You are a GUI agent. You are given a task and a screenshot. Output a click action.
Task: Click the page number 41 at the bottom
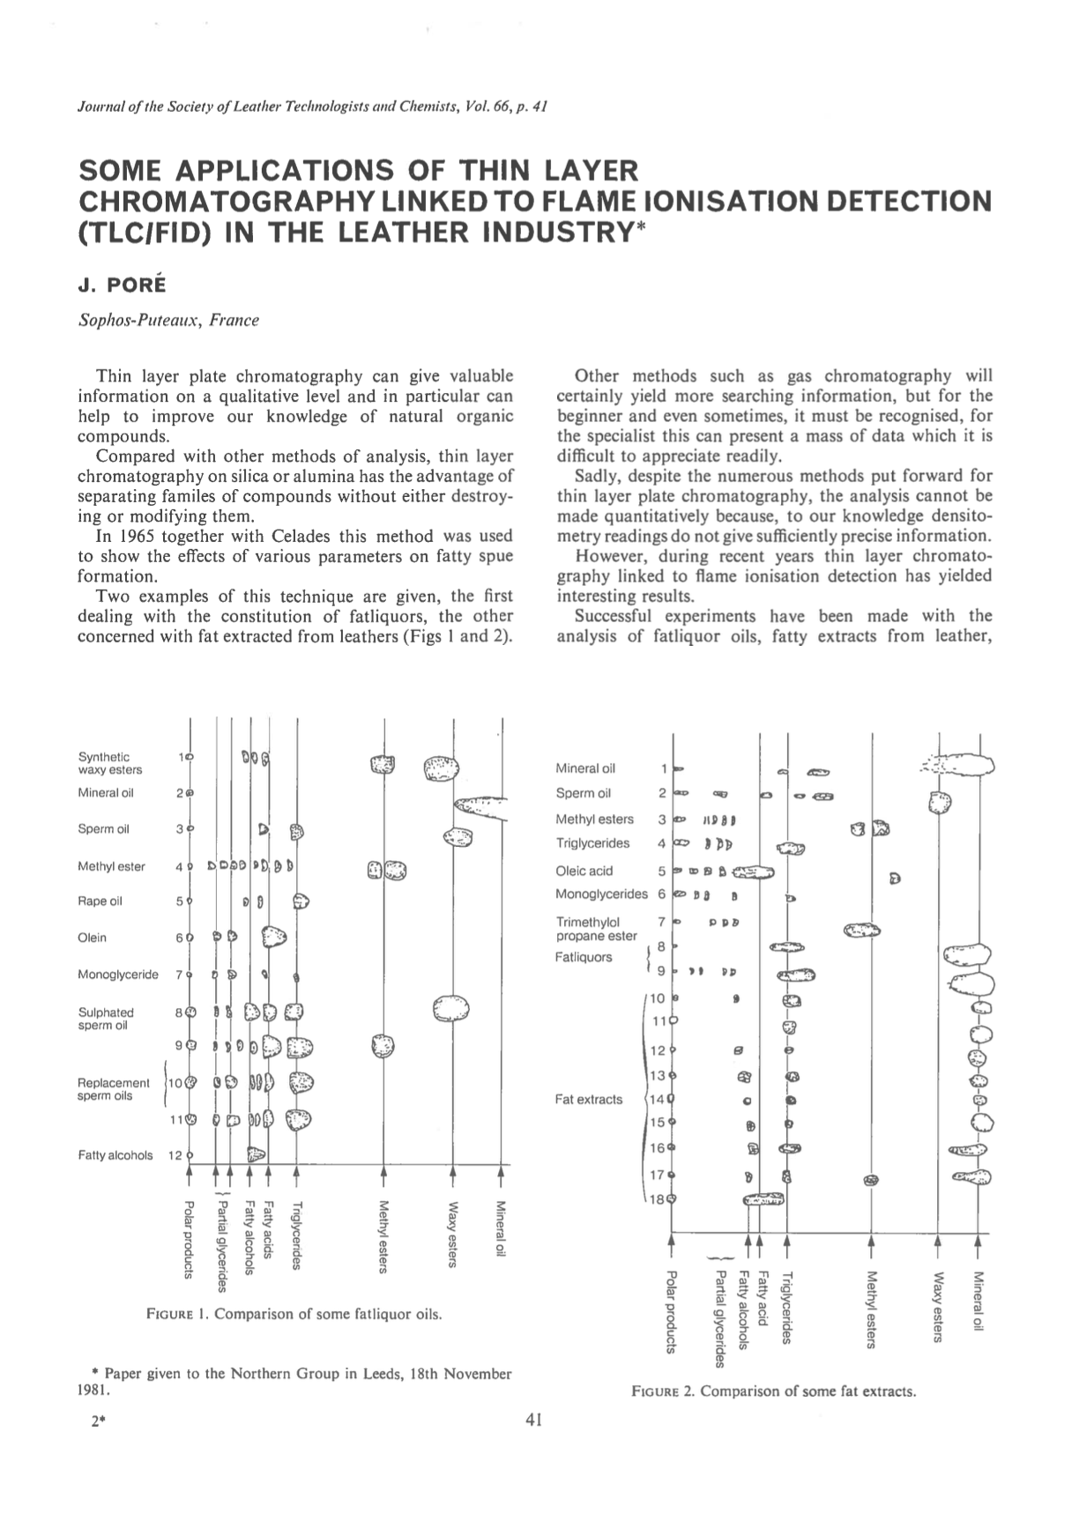tap(533, 1420)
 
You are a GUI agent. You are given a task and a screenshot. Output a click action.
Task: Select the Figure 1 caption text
tap(294, 1315)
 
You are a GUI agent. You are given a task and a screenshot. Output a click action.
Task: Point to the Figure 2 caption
tap(774, 1392)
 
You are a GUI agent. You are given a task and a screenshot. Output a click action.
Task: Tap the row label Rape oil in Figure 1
tap(97, 901)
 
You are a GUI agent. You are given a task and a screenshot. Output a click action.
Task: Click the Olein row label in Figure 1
tap(92, 938)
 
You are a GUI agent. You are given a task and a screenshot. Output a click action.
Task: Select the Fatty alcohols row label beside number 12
tap(115, 1155)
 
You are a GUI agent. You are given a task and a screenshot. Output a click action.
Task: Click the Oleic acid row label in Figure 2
tap(584, 871)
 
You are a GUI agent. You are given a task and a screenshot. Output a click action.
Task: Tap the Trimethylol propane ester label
tap(596, 929)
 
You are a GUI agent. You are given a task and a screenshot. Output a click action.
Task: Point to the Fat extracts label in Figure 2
tap(589, 1099)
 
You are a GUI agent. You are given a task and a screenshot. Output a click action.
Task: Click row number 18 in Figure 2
tap(658, 1199)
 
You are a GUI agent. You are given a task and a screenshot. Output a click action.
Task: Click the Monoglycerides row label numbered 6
tap(601, 893)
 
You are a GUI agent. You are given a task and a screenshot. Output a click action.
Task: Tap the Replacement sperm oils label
tap(113, 1089)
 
